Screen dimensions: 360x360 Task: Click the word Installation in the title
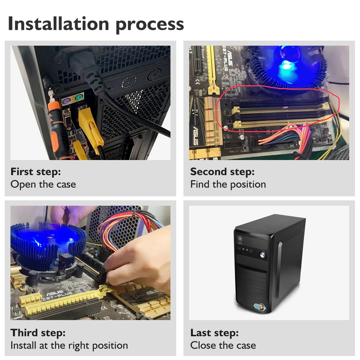(58, 23)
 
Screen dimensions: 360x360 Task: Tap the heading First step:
(36, 172)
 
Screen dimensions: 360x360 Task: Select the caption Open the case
(43, 184)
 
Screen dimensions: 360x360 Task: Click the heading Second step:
(222, 172)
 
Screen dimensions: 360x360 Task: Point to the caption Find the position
(228, 184)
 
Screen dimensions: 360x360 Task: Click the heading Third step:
(38, 333)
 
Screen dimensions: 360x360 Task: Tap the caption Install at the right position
(69, 346)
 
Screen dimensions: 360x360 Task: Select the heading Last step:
(214, 333)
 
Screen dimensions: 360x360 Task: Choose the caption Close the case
(223, 345)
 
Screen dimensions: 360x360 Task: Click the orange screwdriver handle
(55, 129)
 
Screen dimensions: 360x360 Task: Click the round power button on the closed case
(263, 255)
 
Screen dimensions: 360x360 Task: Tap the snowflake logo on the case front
(240, 239)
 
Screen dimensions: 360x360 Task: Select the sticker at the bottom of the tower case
(260, 307)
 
